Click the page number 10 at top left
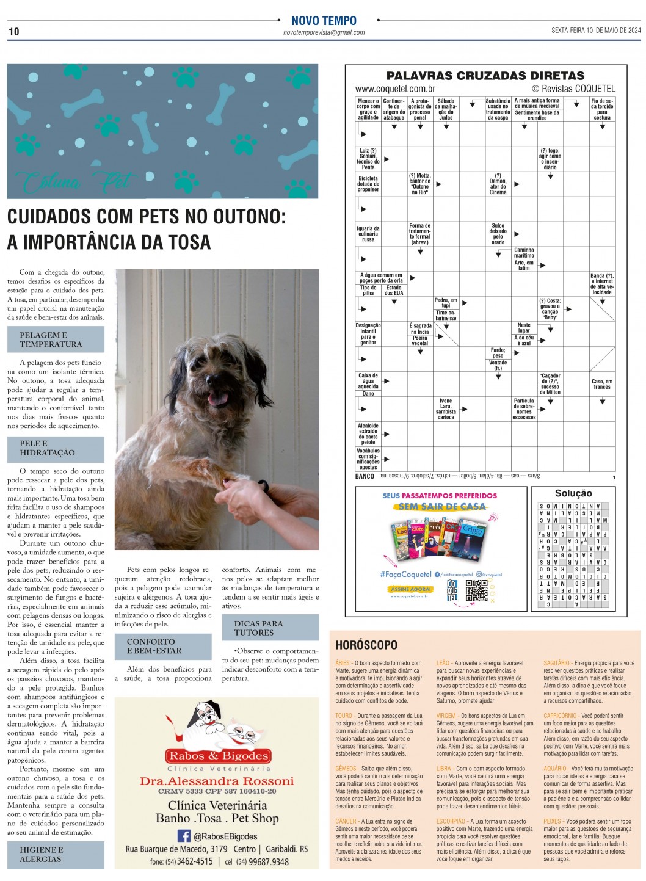(13, 32)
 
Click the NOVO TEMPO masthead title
(324, 21)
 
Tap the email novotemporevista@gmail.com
(324, 33)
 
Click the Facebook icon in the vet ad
(184, 836)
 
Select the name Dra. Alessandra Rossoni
(217, 781)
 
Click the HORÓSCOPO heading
(366, 645)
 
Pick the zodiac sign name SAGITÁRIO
(556, 663)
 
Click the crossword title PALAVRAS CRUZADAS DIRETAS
(485, 76)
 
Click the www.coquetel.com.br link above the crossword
(395, 89)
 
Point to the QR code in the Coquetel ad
(476, 590)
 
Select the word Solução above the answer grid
(573, 493)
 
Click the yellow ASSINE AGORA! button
(410, 589)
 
